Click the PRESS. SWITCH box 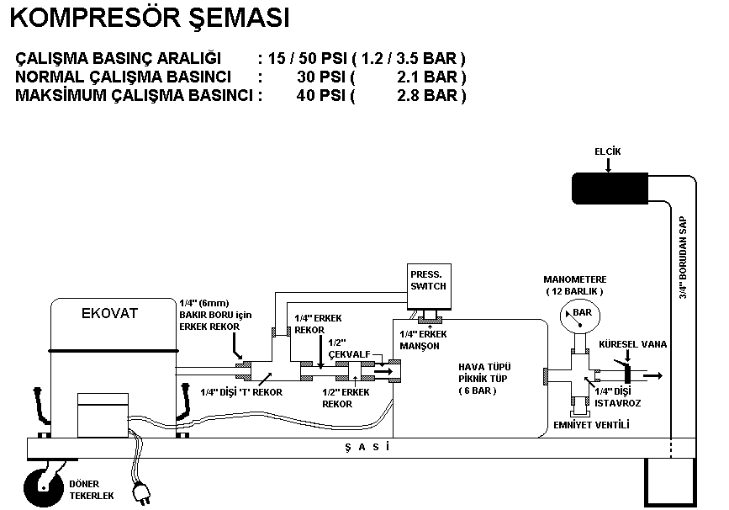[x=428, y=281]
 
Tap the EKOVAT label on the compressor [x=109, y=314]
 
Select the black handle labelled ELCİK [x=609, y=188]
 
